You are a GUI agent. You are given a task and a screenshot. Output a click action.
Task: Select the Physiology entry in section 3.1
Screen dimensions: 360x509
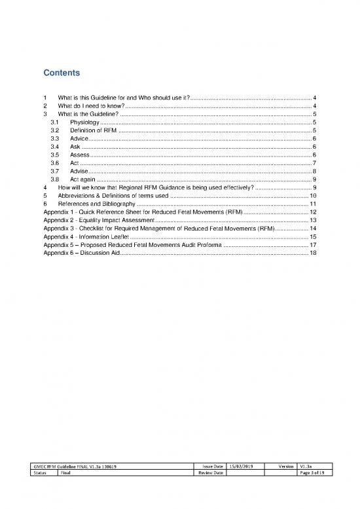pos(85,122)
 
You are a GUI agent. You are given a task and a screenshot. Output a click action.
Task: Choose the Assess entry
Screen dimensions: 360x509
pos(80,155)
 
